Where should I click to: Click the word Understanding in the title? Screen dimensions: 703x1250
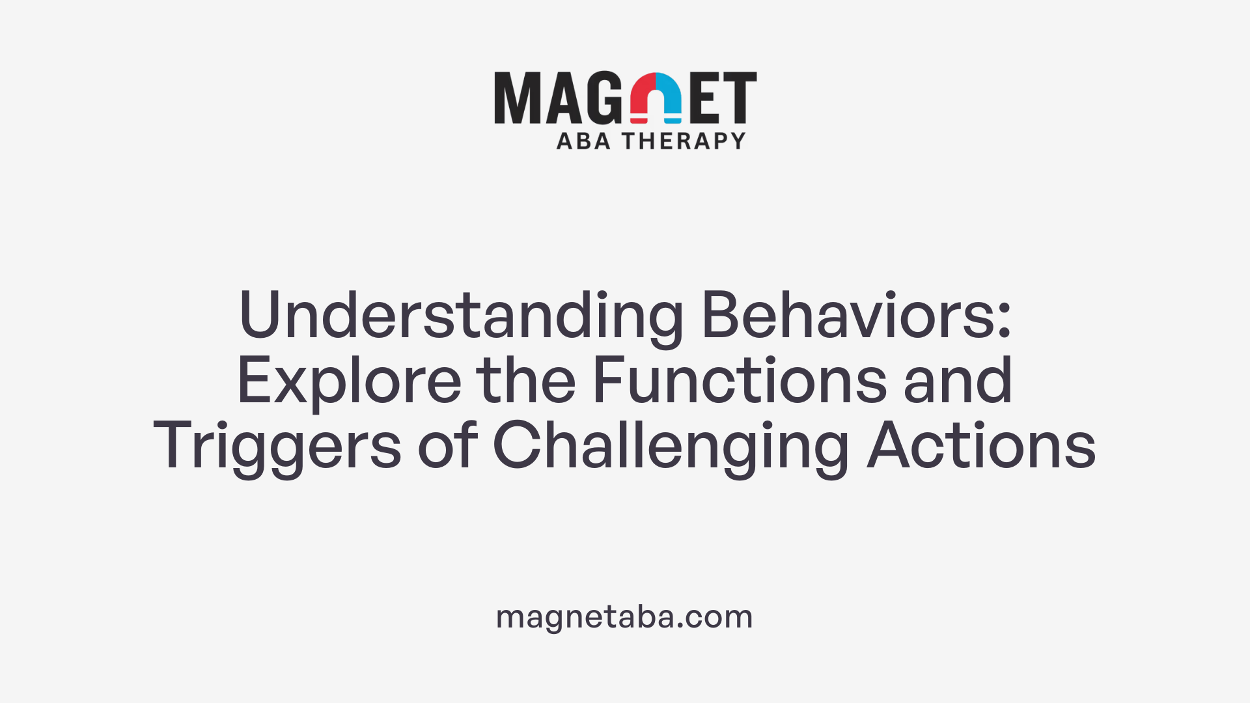(x=461, y=316)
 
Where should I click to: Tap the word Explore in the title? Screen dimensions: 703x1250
(x=349, y=381)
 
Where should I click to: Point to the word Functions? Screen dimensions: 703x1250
(x=739, y=381)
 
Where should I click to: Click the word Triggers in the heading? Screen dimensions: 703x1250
(x=277, y=447)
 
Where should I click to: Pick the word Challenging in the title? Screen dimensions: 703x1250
(x=671, y=447)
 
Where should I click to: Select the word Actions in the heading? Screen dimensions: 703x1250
(x=981, y=447)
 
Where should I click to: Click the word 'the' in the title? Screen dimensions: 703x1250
(x=526, y=381)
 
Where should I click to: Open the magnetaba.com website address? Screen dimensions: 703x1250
(x=624, y=616)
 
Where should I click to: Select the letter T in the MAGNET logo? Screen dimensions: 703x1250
(x=739, y=98)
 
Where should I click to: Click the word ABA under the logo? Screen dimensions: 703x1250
(x=583, y=141)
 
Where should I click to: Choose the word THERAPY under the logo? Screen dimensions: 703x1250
(x=684, y=141)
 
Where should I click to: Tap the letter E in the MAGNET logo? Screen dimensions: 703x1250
(x=704, y=98)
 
